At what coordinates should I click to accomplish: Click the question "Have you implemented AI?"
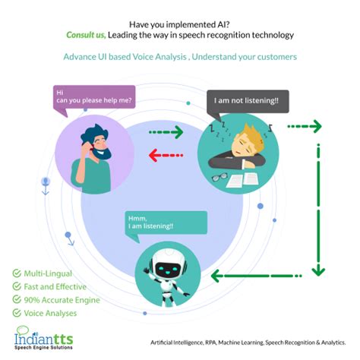tap(179, 22)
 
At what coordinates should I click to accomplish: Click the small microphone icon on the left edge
tap(46, 182)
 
